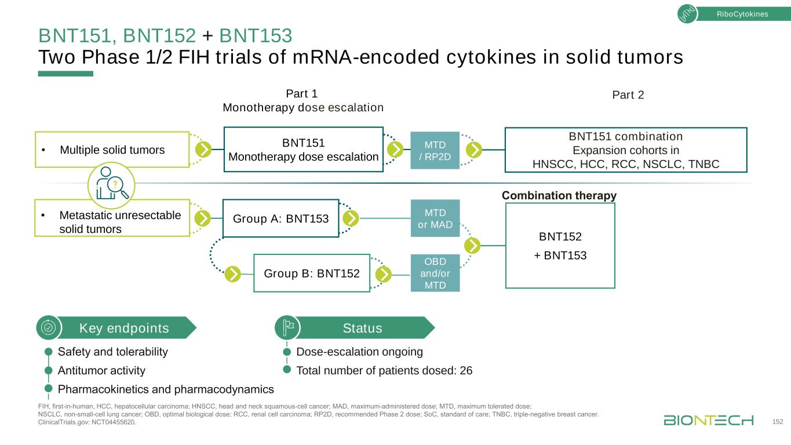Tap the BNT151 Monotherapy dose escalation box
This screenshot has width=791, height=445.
pyautogui.click(x=303, y=149)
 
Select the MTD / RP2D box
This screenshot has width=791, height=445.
pyautogui.click(x=435, y=150)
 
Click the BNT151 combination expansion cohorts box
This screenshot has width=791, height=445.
pyautogui.click(x=625, y=150)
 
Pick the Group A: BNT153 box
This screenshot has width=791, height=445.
pyautogui.click(x=280, y=218)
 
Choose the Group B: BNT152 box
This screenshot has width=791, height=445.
pyautogui.click(x=312, y=273)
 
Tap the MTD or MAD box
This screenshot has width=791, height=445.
pyautogui.click(x=435, y=218)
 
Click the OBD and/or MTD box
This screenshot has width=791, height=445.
pyautogui.click(x=435, y=272)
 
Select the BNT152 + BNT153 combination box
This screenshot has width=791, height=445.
pyautogui.click(x=560, y=246)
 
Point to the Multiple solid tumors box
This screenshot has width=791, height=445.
pyautogui.click(x=112, y=150)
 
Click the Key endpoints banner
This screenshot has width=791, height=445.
pyautogui.click(x=123, y=329)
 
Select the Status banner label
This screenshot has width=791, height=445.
pyautogui.click(x=362, y=329)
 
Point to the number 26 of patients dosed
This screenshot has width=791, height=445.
pyautogui.click(x=466, y=371)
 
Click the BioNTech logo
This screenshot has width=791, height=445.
pyautogui.click(x=708, y=420)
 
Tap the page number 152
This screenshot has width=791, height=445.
pyautogui.click(x=778, y=421)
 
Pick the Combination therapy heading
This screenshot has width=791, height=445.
pyautogui.click(x=559, y=196)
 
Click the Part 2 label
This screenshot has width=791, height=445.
pyautogui.click(x=628, y=95)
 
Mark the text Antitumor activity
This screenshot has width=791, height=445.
pyautogui.click(x=101, y=371)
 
